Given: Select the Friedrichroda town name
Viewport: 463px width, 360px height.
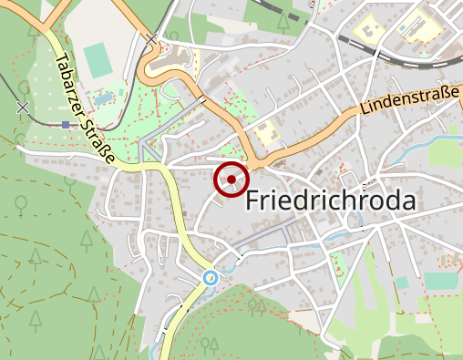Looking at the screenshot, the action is [x=331, y=201].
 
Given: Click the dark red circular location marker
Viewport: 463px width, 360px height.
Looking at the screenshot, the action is [x=231, y=180].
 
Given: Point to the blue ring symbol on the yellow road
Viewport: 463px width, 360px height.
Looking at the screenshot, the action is [x=211, y=276].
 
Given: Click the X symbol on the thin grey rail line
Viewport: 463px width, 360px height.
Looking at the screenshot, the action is [x=23, y=107].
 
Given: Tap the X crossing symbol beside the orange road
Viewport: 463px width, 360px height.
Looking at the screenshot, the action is [x=151, y=38].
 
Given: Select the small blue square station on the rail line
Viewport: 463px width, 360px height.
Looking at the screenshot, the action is [x=66, y=124].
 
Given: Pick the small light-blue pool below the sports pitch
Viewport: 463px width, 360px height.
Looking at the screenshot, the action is [x=103, y=96].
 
